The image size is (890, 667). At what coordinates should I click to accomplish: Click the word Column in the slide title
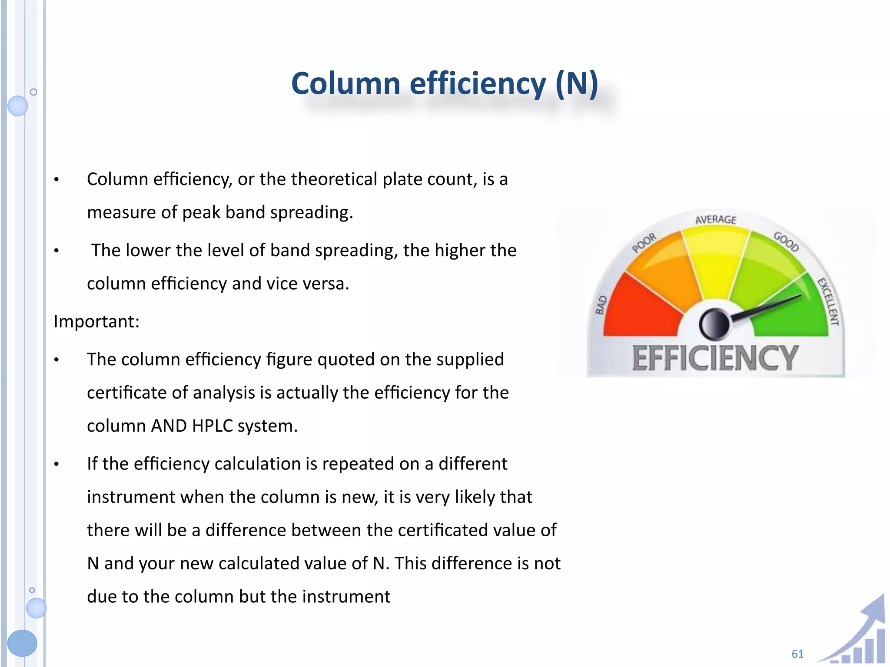click(345, 83)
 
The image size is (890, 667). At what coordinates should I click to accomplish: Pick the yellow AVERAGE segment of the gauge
click(715, 261)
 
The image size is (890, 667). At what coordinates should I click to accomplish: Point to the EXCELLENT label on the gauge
click(828, 302)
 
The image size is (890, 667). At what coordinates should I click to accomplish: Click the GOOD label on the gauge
click(786, 241)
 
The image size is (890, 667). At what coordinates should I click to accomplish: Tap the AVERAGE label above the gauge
click(716, 220)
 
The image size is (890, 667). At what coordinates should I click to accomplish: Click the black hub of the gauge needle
click(714, 324)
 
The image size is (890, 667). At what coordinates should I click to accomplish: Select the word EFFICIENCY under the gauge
click(715, 359)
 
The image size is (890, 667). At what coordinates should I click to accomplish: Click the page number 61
click(797, 654)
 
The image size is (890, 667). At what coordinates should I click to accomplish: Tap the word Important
click(96, 322)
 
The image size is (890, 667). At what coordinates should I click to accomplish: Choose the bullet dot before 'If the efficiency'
click(56, 465)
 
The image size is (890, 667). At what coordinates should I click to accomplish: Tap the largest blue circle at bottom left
click(22, 643)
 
